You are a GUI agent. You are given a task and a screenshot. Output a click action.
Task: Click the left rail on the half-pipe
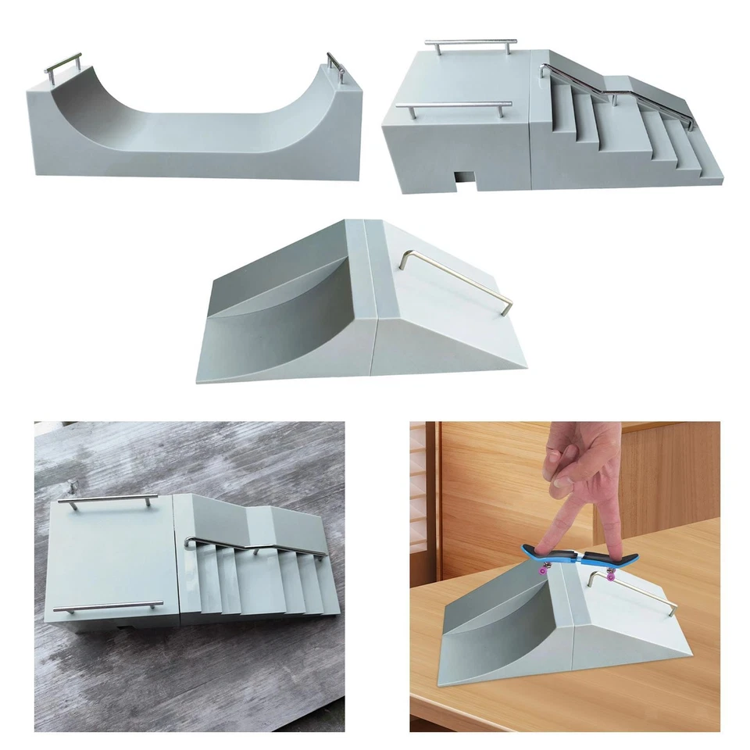62,61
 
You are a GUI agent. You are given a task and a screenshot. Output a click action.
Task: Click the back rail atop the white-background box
471,42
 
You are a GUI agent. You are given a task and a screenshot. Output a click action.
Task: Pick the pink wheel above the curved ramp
541,569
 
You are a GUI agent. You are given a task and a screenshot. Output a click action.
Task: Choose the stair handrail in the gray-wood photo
258,546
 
